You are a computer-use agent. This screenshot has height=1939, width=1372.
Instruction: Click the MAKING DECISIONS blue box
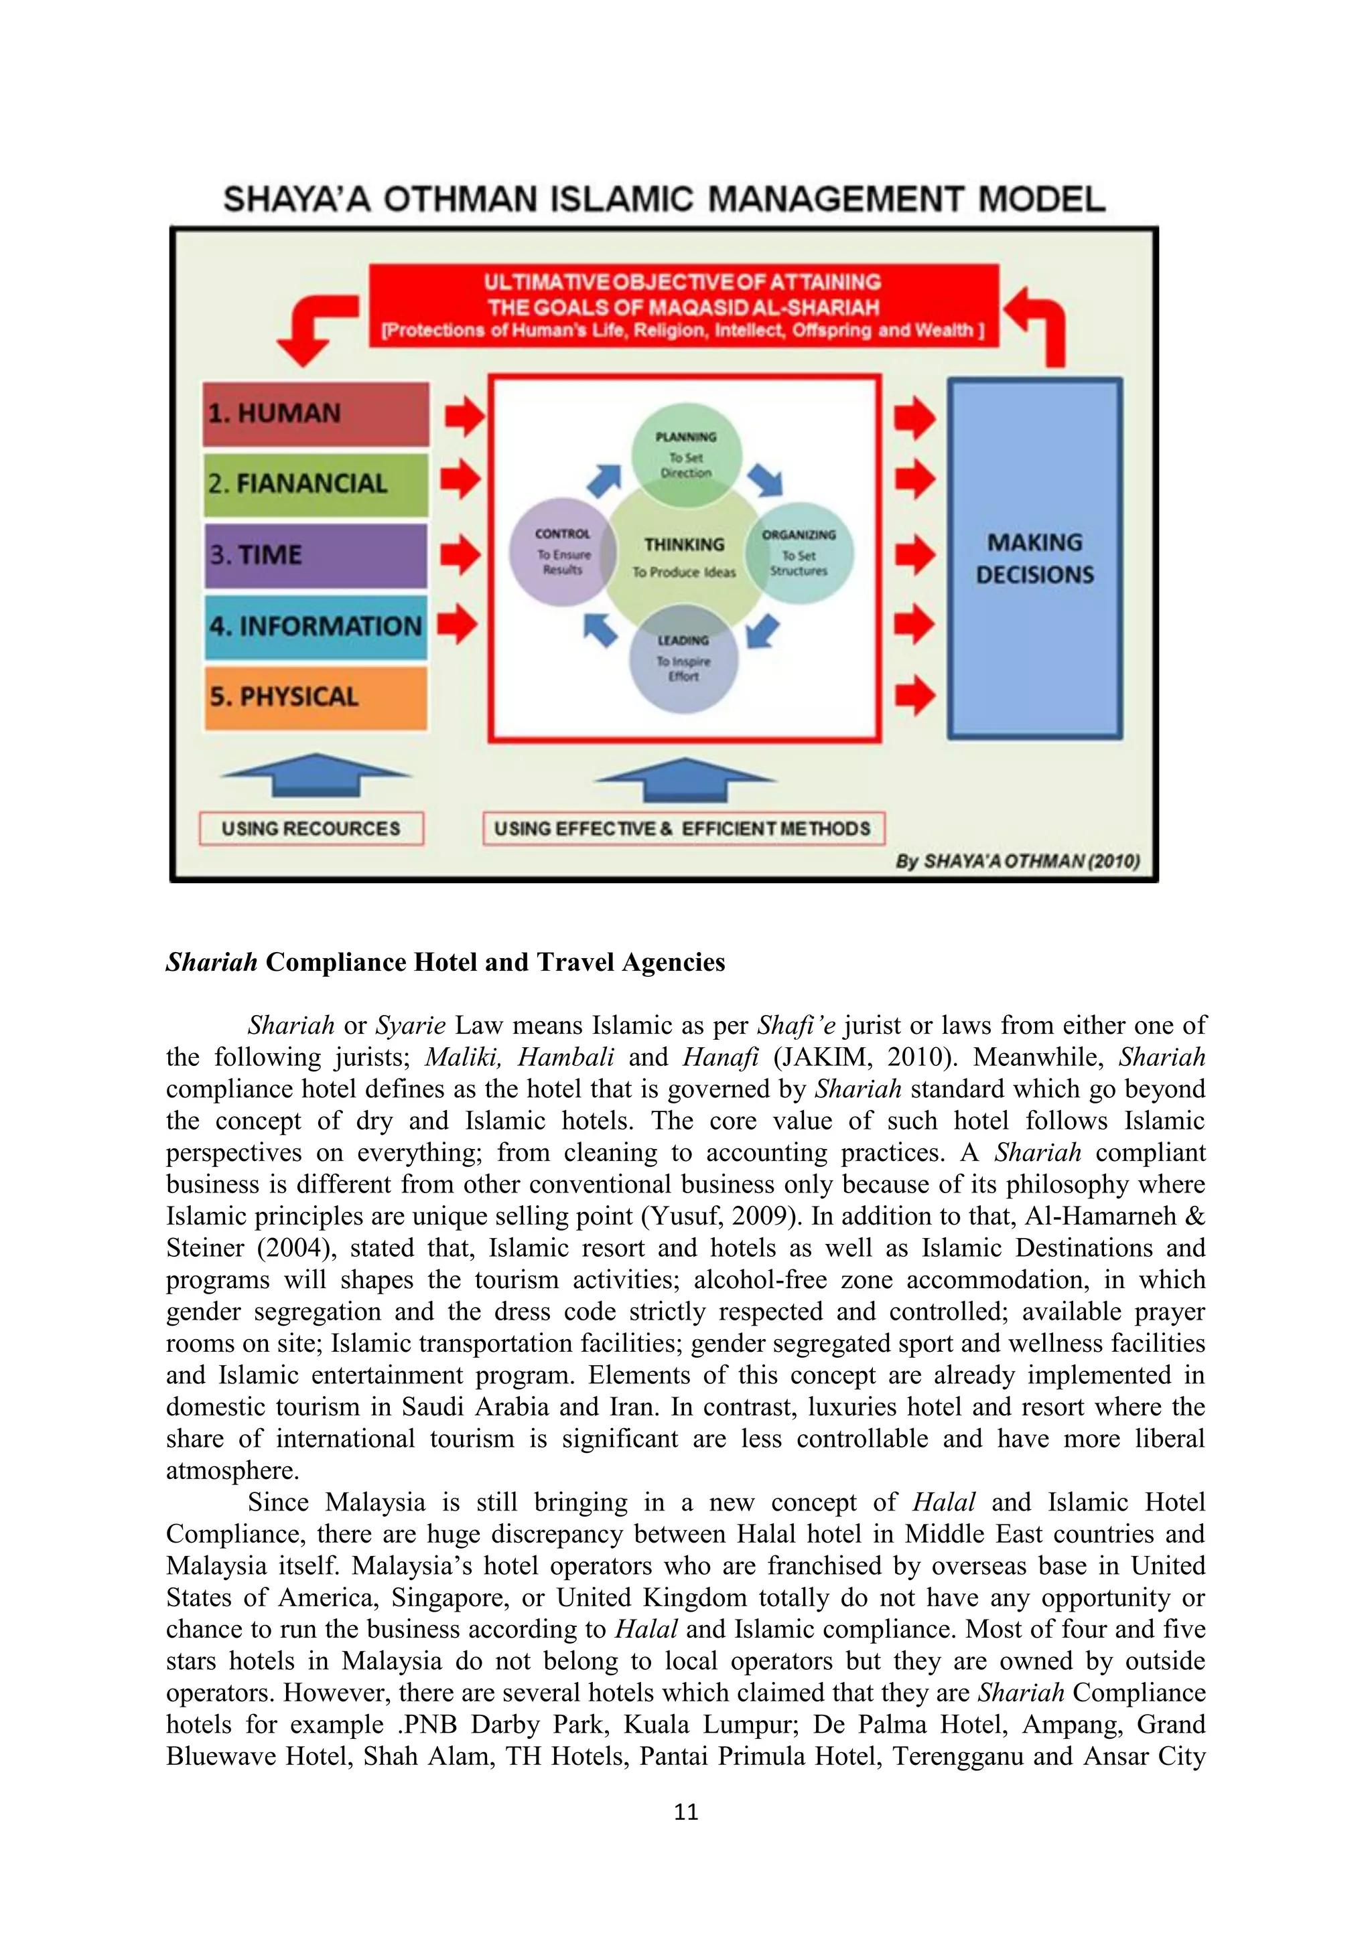coord(1035,559)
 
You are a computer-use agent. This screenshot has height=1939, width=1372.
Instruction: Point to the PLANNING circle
coord(686,455)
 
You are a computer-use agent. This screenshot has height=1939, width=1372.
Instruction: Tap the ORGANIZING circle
coord(799,554)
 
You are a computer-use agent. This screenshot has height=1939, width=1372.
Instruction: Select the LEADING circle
coord(683,659)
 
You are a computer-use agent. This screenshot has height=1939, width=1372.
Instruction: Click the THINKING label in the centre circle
coord(684,545)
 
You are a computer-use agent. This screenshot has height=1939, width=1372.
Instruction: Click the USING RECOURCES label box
coord(311,828)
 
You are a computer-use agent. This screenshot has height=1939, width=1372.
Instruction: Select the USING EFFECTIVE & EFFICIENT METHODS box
coord(683,828)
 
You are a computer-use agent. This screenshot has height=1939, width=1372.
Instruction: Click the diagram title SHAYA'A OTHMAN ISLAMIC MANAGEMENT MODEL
coord(664,200)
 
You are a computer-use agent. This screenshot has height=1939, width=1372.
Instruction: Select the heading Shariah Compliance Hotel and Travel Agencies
coord(445,963)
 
